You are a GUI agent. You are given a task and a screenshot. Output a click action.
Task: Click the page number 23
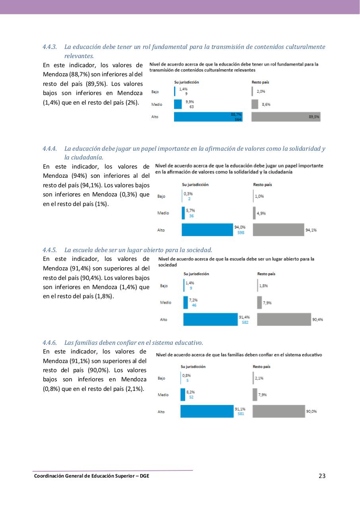[322, 476]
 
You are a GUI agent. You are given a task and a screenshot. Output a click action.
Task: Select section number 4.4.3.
[50, 47]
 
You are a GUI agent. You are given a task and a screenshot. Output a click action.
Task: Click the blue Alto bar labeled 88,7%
[203, 117]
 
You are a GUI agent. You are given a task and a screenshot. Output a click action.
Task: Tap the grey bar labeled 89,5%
[281, 117]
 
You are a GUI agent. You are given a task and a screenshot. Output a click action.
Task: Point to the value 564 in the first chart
[238, 119]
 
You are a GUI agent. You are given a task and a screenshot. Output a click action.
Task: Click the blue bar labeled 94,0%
[207, 230]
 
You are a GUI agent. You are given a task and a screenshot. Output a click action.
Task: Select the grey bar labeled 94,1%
[278, 230]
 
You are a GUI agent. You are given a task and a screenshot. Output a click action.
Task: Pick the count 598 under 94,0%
[241, 233]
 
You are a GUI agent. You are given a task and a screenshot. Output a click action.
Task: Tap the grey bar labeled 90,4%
[284, 319]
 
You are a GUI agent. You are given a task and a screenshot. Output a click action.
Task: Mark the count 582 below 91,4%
[245, 322]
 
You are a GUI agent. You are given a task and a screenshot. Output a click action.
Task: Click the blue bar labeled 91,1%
[207, 411]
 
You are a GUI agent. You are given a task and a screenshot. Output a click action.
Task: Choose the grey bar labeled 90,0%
[278, 411]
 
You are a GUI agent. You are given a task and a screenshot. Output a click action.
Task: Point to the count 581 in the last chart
[241, 414]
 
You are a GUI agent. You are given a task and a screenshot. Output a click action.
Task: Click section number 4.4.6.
[50, 342]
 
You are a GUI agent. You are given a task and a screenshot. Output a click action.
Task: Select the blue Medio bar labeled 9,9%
[178, 104]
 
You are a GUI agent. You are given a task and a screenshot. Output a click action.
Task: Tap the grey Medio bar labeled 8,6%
[255, 104]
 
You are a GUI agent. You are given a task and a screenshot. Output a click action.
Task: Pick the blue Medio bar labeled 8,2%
[183, 394]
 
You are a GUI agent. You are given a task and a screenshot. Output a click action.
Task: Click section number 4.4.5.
[50, 250]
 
